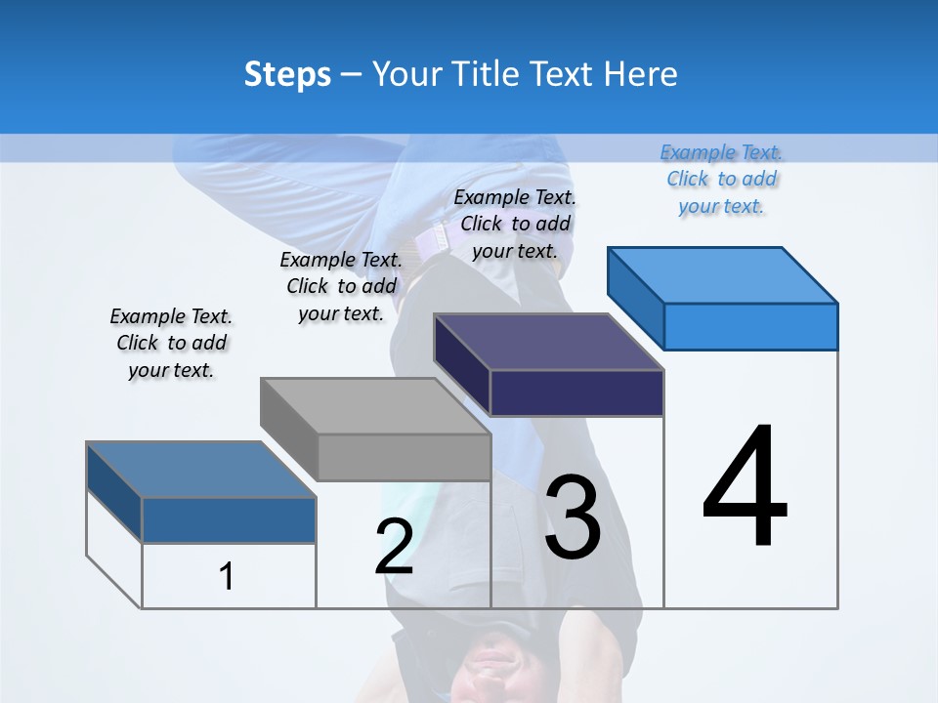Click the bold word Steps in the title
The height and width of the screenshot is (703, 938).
tap(287, 74)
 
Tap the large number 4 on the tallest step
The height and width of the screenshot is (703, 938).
tap(745, 487)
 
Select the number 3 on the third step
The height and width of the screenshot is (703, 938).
tap(573, 517)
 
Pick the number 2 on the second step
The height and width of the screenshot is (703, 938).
tap(394, 547)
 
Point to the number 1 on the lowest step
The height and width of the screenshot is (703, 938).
tap(226, 576)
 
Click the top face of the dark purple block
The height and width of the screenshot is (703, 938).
tap(548, 342)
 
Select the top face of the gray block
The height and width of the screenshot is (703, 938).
tap(375, 406)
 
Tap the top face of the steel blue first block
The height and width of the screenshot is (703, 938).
tap(201, 470)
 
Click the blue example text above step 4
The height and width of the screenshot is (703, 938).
tap(722, 179)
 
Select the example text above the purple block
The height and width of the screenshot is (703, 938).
tap(515, 224)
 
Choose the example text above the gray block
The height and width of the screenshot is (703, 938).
tap(341, 286)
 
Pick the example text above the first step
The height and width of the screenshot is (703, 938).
tap(171, 343)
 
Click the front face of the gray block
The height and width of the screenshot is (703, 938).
tap(405, 457)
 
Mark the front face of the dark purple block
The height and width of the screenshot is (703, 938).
tap(576, 393)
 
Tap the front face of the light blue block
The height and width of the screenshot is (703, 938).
tap(750, 326)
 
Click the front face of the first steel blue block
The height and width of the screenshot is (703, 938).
tap(229, 519)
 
